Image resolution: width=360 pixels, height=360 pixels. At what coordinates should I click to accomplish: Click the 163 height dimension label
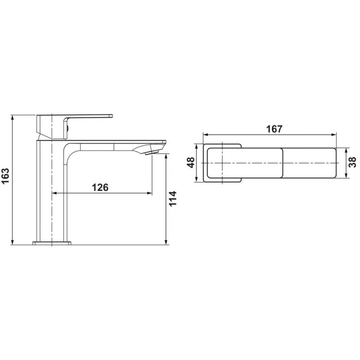click(5, 176)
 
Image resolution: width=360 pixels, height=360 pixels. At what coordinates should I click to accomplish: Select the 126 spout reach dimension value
click(100, 187)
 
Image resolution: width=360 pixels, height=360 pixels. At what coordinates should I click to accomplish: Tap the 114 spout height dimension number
click(172, 198)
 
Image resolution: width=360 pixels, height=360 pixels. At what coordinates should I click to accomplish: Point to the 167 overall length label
click(274, 129)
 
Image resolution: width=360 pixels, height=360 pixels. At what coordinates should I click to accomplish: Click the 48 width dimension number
click(191, 162)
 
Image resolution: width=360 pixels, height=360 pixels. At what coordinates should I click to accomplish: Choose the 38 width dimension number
click(352, 162)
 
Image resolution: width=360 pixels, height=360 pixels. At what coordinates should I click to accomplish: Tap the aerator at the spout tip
click(152, 152)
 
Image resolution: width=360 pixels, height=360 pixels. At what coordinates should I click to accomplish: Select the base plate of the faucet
click(52, 243)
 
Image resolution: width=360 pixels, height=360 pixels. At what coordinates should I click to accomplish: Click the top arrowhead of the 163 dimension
click(12, 117)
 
